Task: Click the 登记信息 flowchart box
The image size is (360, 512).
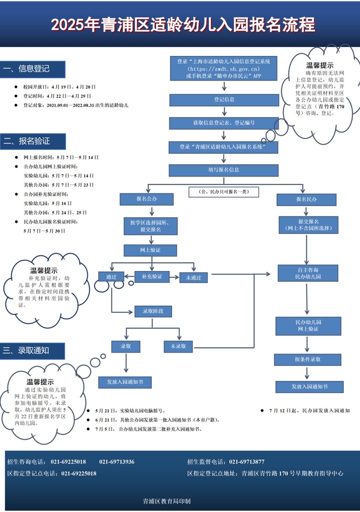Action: coord(224,100)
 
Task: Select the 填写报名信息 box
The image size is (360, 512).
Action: coord(223,170)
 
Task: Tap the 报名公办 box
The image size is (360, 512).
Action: coord(147,199)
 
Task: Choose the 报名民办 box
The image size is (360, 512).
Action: coord(306,199)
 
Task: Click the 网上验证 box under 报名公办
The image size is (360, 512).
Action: coord(150,250)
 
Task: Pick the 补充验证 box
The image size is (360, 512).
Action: coord(152,277)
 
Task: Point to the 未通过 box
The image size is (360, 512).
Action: coord(193,278)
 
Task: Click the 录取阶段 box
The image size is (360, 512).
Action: coord(153,311)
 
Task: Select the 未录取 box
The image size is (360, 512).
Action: coord(178,347)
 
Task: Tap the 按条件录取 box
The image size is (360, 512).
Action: coord(307,360)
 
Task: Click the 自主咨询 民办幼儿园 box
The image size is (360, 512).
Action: coord(308,273)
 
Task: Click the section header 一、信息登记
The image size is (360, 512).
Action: coord(33,69)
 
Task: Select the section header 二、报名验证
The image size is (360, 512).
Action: coord(33,141)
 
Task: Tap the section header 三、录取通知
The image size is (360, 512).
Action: coord(32,351)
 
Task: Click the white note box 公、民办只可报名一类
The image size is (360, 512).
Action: coord(224,192)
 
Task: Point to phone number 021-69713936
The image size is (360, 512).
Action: coord(117,462)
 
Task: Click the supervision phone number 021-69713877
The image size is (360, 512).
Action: coord(247,462)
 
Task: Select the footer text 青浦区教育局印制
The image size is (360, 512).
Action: coord(167,501)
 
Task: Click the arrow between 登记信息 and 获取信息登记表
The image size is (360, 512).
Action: coord(224,111)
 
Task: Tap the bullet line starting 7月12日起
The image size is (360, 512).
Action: coord(307,411)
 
